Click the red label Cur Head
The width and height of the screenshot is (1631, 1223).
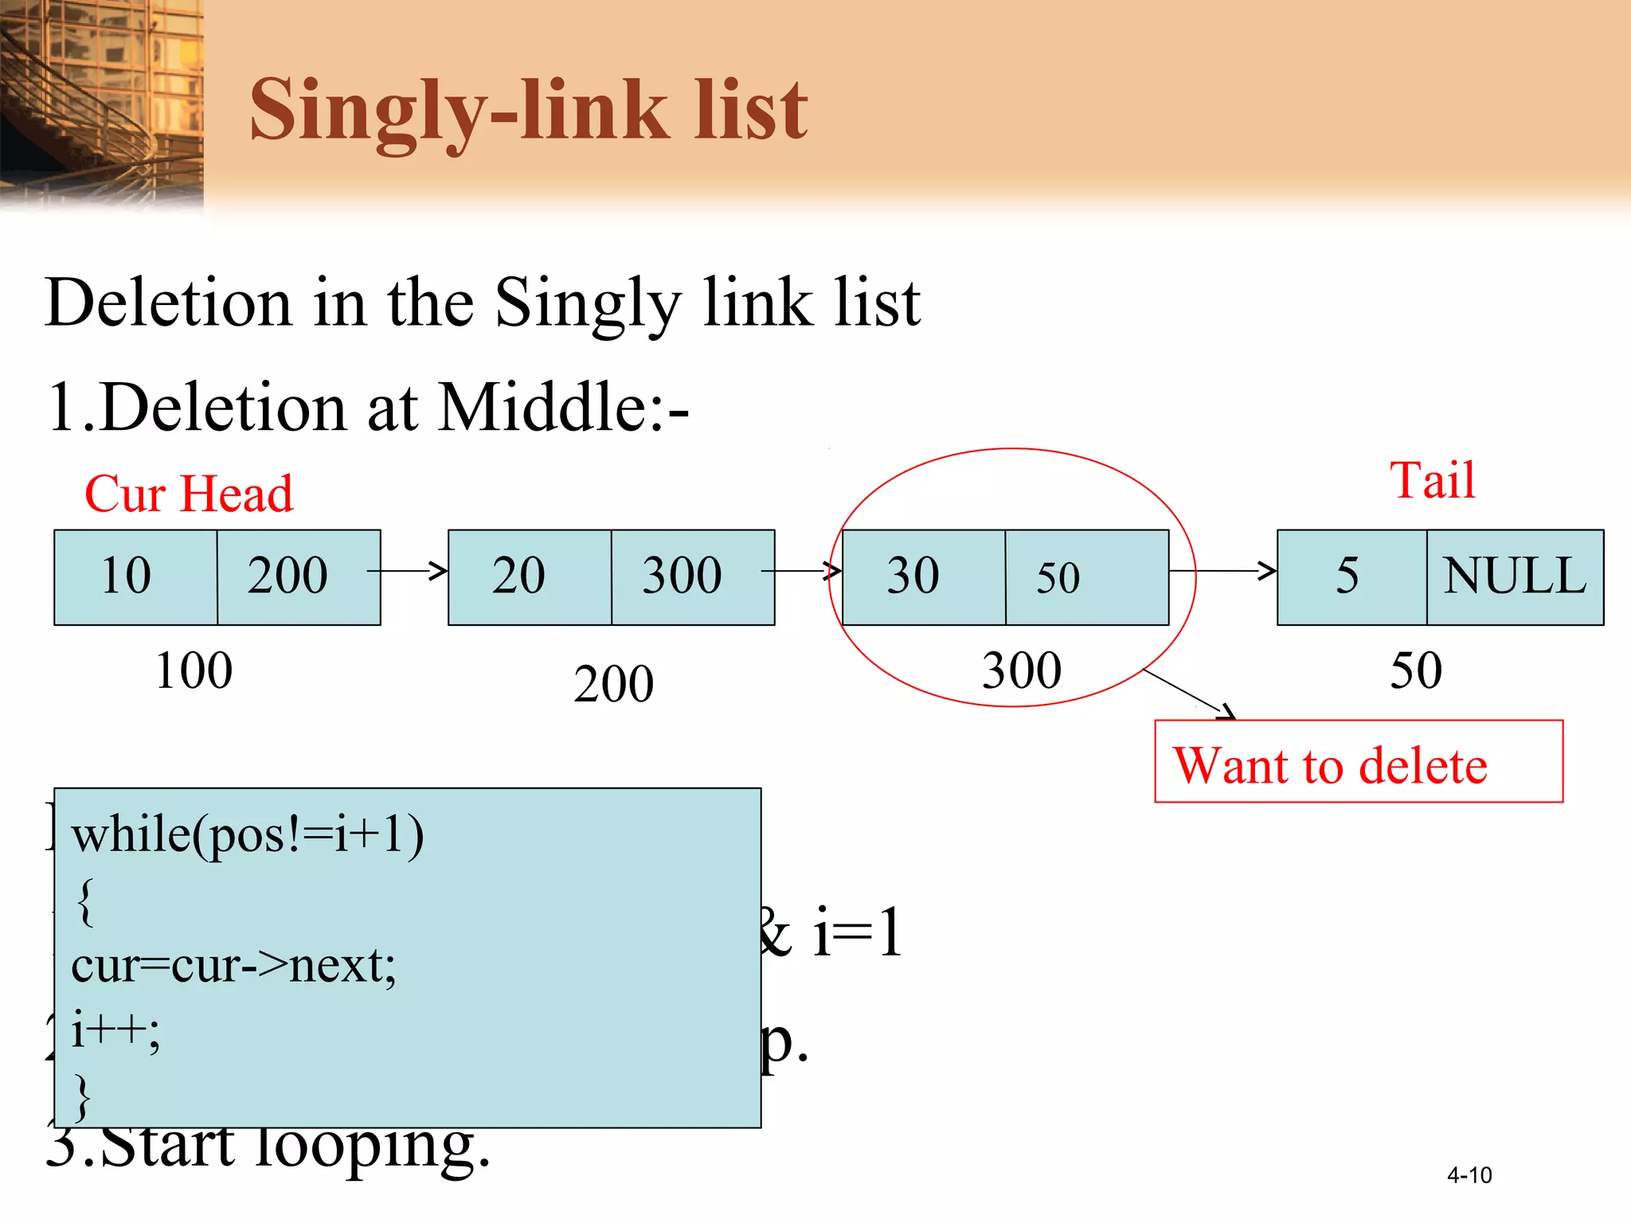189,494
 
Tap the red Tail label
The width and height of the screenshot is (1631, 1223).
1433,480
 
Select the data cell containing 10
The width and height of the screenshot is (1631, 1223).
135,576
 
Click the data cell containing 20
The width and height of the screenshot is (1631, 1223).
529,576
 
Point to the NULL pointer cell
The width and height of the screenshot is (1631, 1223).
1515,576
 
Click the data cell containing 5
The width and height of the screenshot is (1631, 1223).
1351,576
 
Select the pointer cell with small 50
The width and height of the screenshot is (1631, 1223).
1086,576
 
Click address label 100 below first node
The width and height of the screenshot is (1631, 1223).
194,670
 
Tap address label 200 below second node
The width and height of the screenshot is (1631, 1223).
613,684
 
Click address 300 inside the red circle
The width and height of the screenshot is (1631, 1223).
1022,670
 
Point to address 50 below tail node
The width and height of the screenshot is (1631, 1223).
1416,670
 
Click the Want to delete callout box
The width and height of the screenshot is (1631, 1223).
1358,762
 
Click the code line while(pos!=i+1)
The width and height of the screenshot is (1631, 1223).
248,835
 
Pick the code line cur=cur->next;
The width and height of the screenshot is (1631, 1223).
233,965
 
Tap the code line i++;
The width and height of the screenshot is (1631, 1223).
115,1030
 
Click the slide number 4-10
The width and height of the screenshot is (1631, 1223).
1469,1175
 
